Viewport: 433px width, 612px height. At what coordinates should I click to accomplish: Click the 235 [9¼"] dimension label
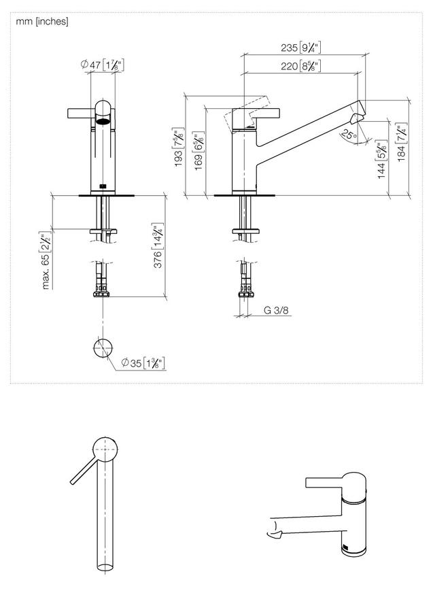click(300, 48)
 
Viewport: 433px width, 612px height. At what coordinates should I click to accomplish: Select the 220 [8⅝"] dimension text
click(300, 65)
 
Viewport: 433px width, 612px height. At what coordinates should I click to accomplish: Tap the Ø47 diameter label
click(103, 65)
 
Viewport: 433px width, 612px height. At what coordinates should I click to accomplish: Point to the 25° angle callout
click(349, 135)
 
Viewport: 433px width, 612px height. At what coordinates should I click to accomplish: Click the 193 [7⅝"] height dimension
click(179, 147)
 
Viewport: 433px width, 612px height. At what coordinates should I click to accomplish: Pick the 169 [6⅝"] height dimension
click(199, 151)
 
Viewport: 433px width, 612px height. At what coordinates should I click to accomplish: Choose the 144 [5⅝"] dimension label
click(382, 159)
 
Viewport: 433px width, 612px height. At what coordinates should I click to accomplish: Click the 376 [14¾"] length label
click(158, 245)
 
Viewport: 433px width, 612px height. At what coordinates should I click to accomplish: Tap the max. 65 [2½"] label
click(46, 260)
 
